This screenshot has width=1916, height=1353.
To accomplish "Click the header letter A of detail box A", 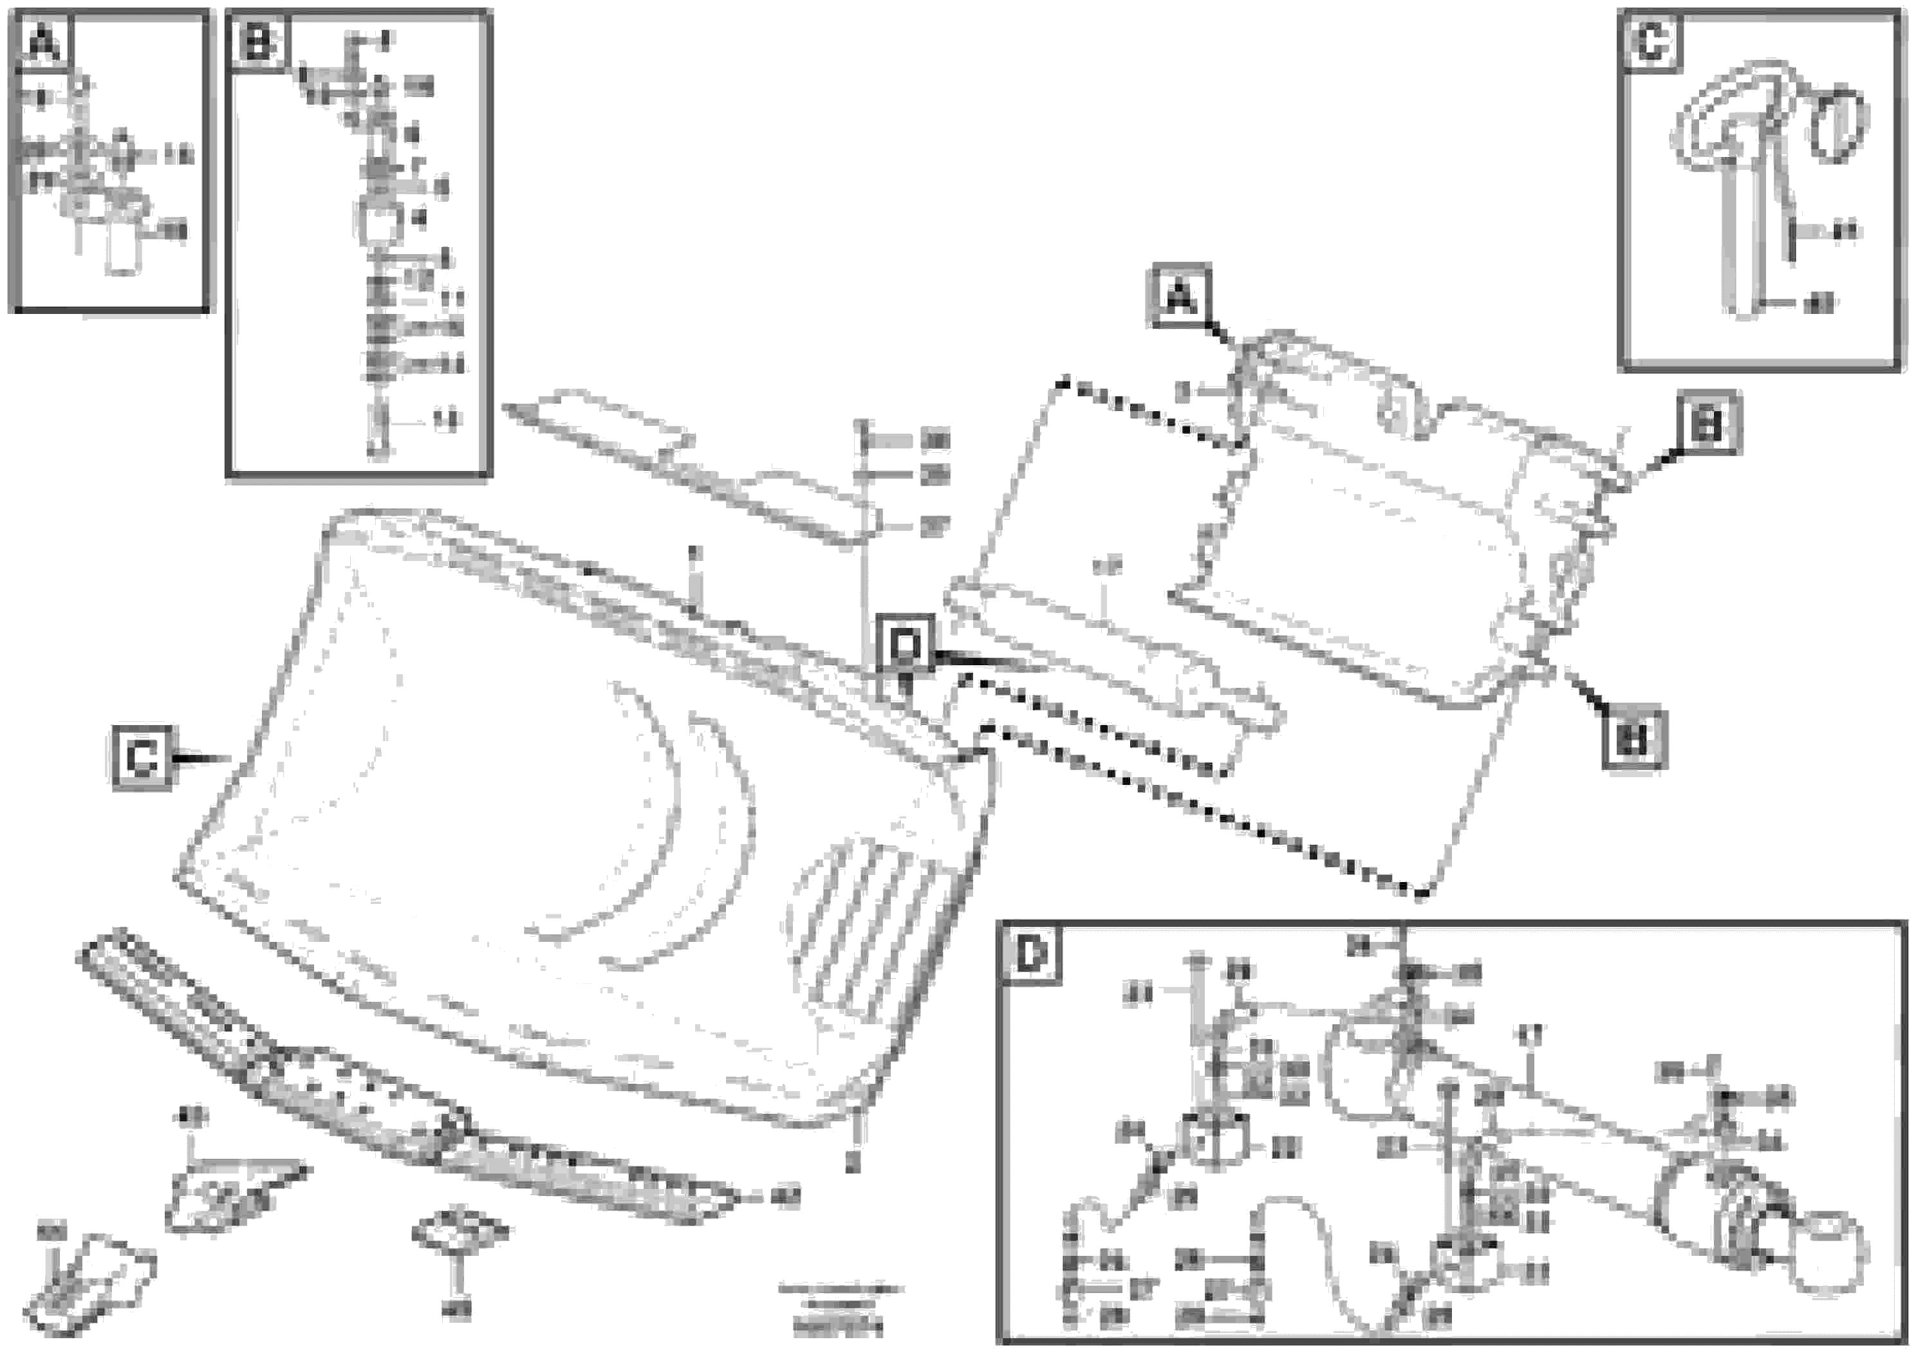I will [x=43, y=42].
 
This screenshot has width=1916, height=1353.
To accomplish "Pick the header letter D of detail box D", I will [x=1032, y=954].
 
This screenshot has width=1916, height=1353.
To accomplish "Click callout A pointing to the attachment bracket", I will [x=1180, y=295].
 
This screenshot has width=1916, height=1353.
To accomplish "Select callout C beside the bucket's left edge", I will [x=143, y=757].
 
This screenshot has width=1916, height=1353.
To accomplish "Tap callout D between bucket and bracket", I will [x=905, y=645].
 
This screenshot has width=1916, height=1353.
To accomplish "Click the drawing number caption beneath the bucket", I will [x=839, y=1307].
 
